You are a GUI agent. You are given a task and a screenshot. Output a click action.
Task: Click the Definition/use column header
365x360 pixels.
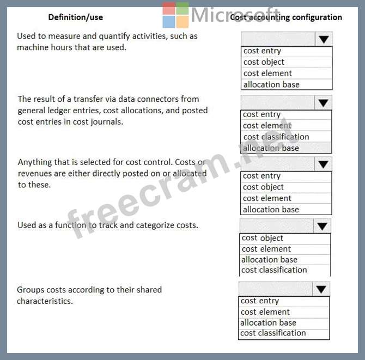click(x=75, y=17)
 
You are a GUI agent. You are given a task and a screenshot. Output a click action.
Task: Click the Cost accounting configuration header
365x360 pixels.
click(x=287, y=17)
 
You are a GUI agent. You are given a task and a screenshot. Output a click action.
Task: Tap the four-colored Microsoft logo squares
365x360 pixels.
click(x=175, y=15)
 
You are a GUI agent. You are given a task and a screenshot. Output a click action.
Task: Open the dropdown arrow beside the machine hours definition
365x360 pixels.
click(x=324, y=39)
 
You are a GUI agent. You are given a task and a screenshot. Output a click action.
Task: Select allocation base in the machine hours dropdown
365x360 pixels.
click(x=271, y=84)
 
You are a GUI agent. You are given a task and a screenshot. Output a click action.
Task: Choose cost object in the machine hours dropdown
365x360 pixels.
click(x=264, y=62)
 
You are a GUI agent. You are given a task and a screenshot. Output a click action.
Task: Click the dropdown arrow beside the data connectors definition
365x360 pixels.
click(x=324, y=103)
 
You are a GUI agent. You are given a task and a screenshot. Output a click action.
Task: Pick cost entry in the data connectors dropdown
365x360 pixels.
click(x=262, y=114)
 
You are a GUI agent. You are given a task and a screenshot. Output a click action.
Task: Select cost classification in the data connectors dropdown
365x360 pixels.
click(x=276, y=137)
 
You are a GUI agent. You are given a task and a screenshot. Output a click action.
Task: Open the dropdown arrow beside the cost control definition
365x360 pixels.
click(x=324, y=164)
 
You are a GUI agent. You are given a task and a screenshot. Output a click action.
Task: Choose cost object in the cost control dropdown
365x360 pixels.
click(x=264, y=187)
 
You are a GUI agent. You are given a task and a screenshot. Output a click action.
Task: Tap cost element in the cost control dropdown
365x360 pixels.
click(x=267, y=198)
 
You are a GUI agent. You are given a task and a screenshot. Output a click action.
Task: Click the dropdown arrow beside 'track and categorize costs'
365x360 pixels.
click(x=323, y=226)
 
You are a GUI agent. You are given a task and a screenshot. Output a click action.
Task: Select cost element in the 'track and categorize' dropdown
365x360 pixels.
click(x=266, y=249)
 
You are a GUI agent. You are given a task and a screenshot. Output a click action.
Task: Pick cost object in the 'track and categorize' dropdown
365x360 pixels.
click(x=263, y=238)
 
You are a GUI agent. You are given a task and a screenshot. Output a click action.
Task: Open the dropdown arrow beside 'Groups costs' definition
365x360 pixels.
click(x=321, y=289)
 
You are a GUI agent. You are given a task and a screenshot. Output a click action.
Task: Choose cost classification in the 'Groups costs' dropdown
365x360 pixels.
click(x=273, y=333)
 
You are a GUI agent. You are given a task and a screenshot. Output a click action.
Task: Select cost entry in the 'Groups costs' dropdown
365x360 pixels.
click(x=260, y=301)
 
